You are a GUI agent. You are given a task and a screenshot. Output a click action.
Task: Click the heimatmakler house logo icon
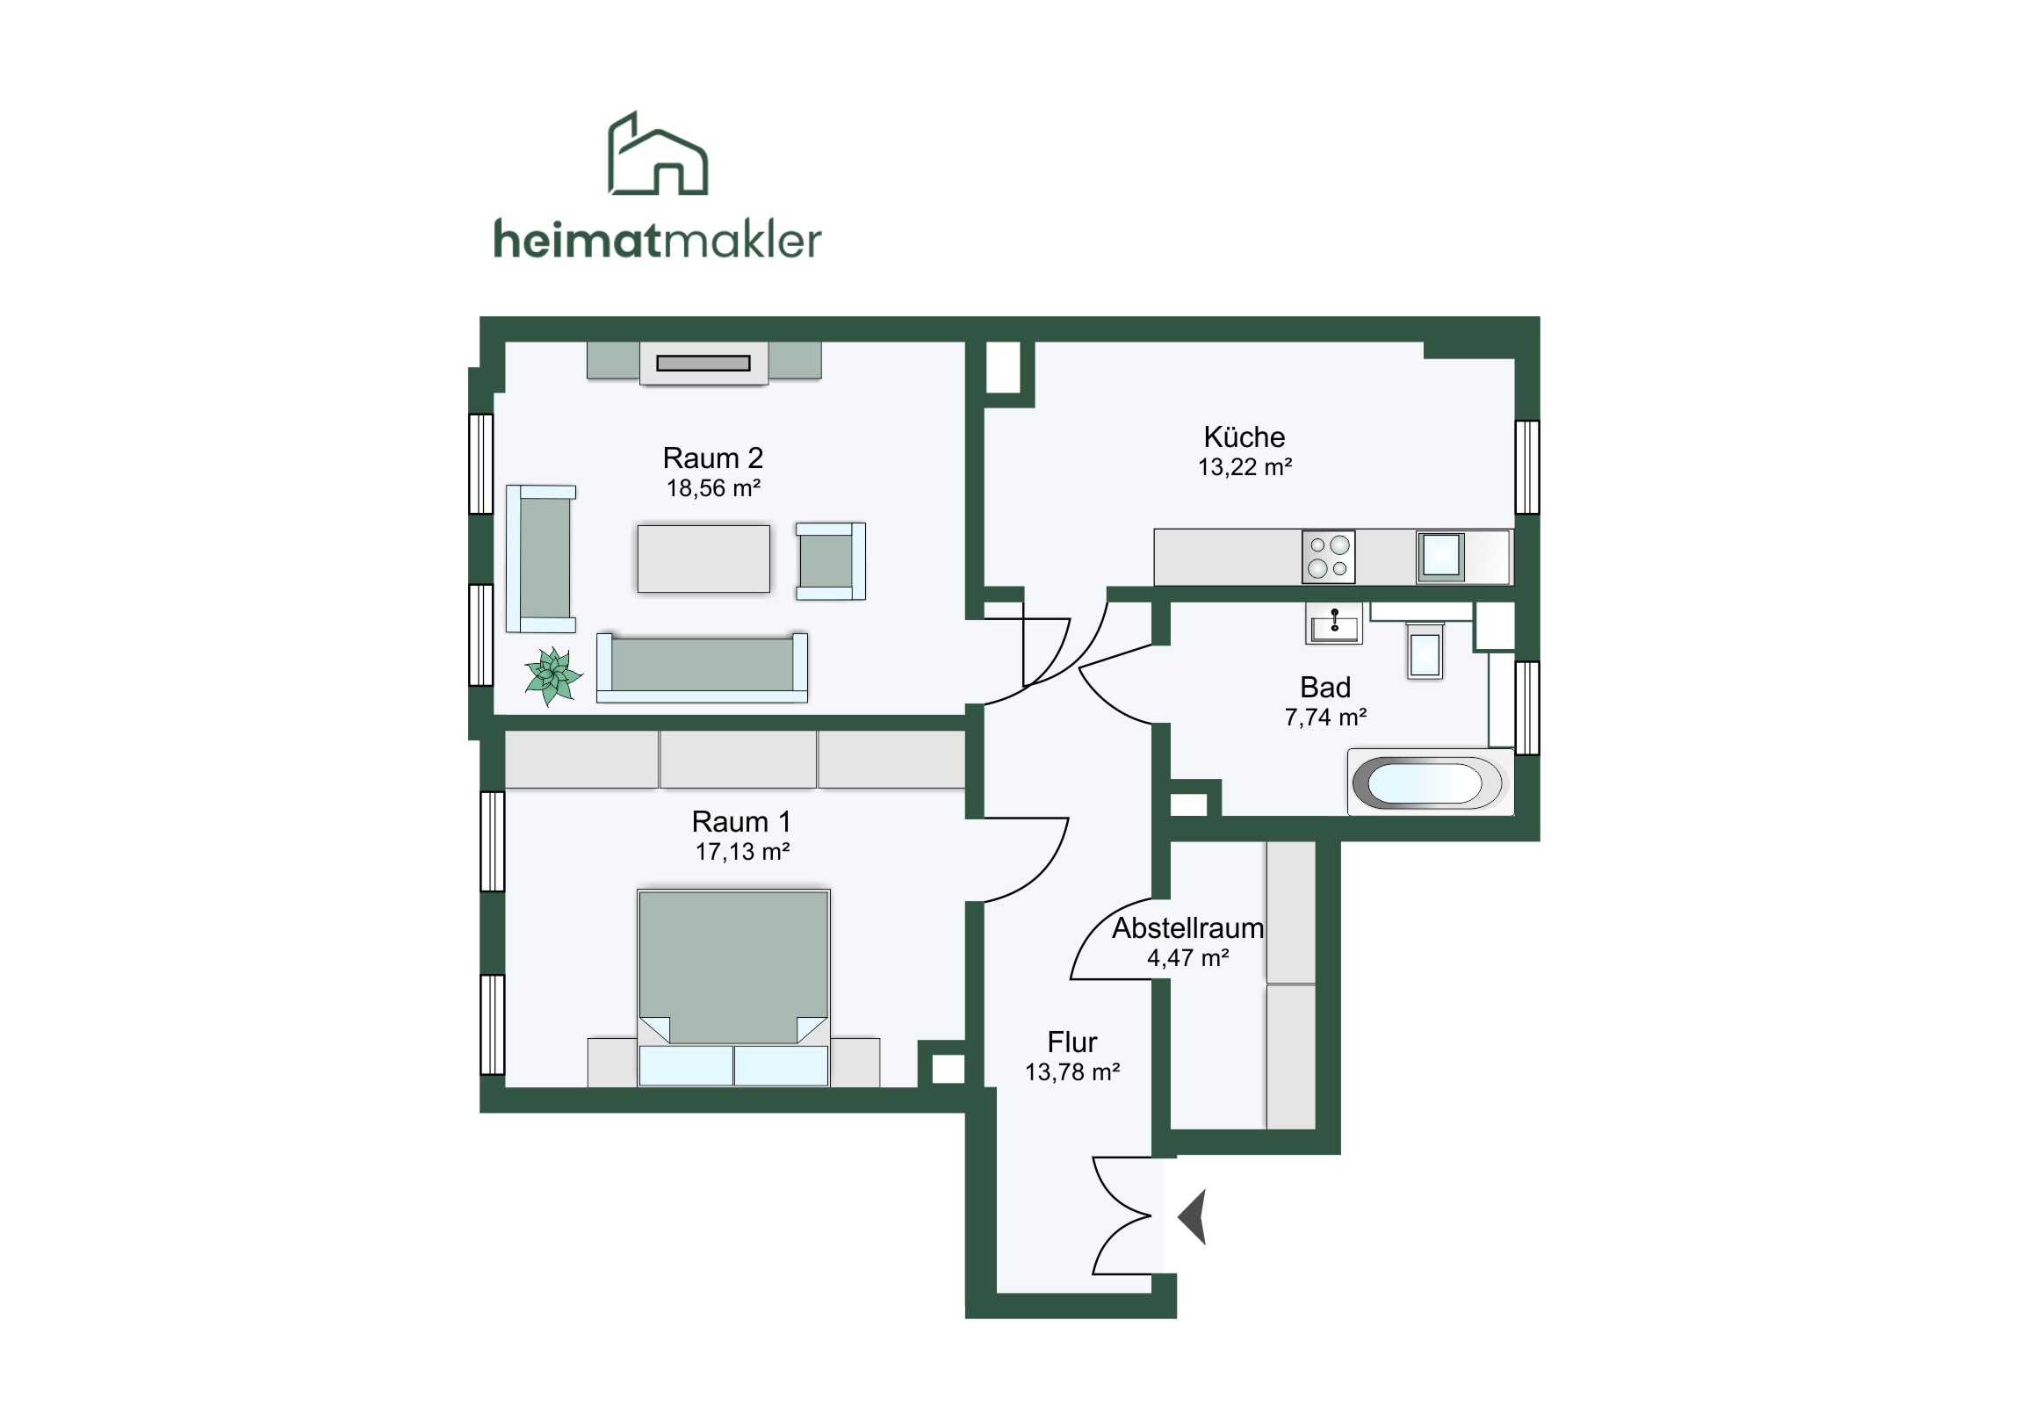[x=658, y=153]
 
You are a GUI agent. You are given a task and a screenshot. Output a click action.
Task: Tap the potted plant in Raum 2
[x=553, y=675]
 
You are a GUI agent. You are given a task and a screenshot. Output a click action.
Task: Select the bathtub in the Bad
[x=1430, y=783]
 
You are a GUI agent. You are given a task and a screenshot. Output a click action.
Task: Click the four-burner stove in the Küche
[x=1329, y=557]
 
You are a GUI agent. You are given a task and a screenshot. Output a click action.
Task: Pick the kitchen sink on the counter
[x=1441, y=556]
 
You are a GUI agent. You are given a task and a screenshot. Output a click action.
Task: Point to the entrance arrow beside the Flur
[x=1192, y=1216]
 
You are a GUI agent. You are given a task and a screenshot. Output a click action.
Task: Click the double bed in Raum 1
[x=733, y=987]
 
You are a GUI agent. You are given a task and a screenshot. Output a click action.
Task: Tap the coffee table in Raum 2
[x=703, y=559]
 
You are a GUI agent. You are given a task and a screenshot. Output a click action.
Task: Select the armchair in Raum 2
[x=831, y=561]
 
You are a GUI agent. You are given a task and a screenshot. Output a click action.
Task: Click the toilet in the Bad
[x=1425, y=650]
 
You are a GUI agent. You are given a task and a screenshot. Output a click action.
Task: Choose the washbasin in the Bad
[x=1334, y=623]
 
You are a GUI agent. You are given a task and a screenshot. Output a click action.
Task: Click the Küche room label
[x=1244, y=436]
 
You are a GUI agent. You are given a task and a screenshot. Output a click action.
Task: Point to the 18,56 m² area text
[x=712, y=487]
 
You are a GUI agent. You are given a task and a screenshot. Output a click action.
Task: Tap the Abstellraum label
[x=1187, y=927]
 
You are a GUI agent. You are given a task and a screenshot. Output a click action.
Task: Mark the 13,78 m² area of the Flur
[x=1071, y=1071]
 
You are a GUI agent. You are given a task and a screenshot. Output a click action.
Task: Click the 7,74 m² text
[x=1325, y=718]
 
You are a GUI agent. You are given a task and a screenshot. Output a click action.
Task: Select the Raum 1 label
[x=741, y=821]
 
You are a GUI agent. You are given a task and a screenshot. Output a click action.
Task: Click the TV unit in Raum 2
[x=703, y=363]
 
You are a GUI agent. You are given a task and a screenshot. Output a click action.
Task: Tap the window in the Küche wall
[x=1527, y=467]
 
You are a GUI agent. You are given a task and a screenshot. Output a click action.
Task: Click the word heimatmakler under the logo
[x=657, y=240]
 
